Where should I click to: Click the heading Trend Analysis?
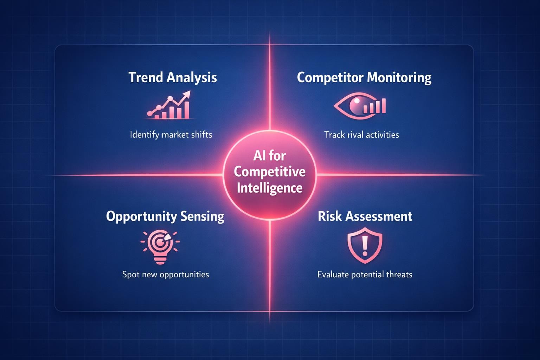(173, 77)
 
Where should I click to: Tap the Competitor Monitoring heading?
(364, 77)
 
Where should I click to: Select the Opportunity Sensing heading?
(165, 216)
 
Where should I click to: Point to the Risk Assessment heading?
(365, 216)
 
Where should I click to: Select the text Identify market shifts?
(171, 135)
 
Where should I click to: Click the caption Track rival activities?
(361, 135)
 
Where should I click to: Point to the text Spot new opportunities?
(166, 274)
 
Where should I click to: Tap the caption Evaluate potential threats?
(365, 274)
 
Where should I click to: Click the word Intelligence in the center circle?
(270, 188)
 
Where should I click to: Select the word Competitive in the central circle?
(270, 172)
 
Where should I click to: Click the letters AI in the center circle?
(259, 156)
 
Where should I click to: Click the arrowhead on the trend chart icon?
(186, 94)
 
